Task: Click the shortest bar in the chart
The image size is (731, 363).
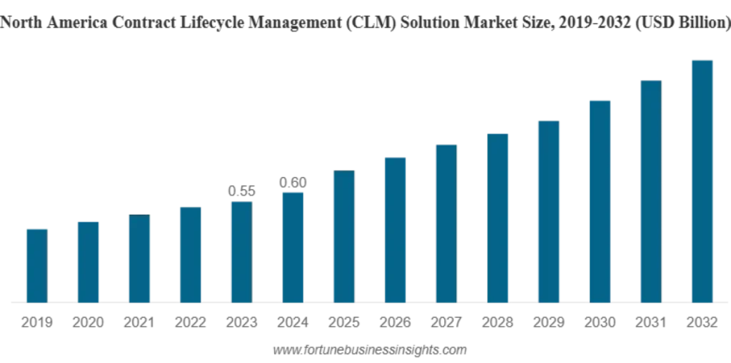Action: (36, 263)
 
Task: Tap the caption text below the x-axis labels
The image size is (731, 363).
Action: (368, 350)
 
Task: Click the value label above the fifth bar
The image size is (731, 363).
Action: (241, 190)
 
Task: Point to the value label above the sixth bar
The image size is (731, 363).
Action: (292, 183)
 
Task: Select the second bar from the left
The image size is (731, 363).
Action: (88, 260)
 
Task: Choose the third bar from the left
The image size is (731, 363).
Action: (139, 257)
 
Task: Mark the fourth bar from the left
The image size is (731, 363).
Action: (191, 254)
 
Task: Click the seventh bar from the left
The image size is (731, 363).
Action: (344, 235)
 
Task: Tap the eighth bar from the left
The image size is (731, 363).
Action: (396, 228)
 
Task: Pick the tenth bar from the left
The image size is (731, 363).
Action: (499, 217)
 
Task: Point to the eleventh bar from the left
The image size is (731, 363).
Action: (550, 211)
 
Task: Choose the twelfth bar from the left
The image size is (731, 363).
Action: (600, 200)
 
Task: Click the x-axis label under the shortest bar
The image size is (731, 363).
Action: (36, 323)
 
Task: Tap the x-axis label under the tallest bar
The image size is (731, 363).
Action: (700, 323)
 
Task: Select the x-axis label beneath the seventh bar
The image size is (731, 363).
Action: (344, 323)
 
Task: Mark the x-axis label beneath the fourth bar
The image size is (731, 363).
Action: (191, 323)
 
